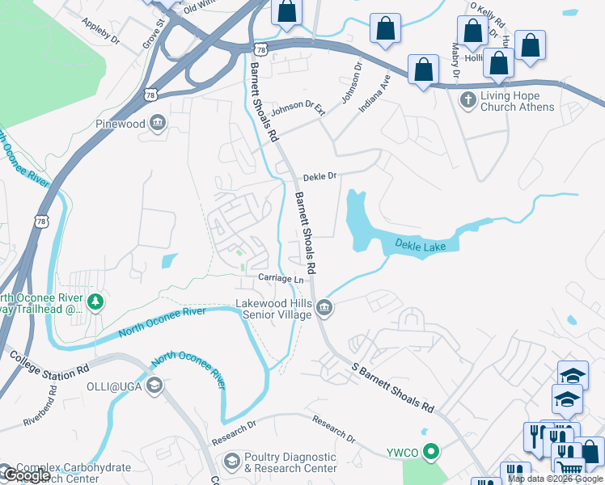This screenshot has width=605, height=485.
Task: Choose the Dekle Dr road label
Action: (x=319, y=177)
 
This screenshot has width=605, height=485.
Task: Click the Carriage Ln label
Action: (x=280, y=279)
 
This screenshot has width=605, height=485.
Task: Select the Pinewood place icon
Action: (x=158, y=124)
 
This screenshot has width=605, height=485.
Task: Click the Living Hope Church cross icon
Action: (x=467, y=100)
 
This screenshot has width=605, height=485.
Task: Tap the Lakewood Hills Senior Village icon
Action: (x=324, y=307)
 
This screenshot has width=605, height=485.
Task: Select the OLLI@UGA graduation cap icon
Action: (x=154, y=385)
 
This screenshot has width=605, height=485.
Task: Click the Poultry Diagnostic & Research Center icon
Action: (x=231, y=462)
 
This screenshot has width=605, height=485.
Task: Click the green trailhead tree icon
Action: (x=96, y=302)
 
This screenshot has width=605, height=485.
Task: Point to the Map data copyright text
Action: (x=555, y=479)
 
